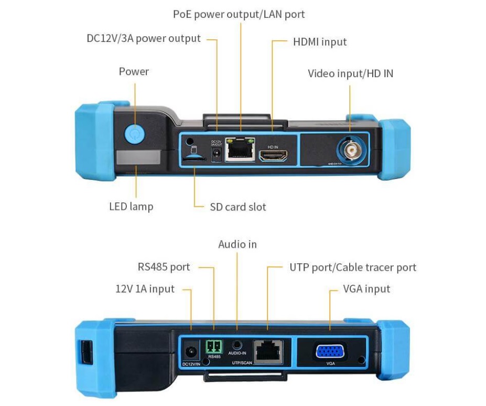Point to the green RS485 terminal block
click(x=214, y=346)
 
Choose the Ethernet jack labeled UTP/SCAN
click(x=268, y=350)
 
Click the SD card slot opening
click(x=194, y=156)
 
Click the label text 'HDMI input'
click(x=320, y=41)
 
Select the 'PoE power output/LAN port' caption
click(x=239, y=14)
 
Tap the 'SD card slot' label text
click(x=238, y=207)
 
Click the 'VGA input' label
click(x=366, y=289)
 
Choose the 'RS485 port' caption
click(x=164, y=267)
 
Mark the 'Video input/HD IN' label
click(x=350, y=73)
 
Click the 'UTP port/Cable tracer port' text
click(x=353, y=268)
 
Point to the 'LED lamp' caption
click(x=131, y=206)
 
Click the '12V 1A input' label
click(x=145, y=289)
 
